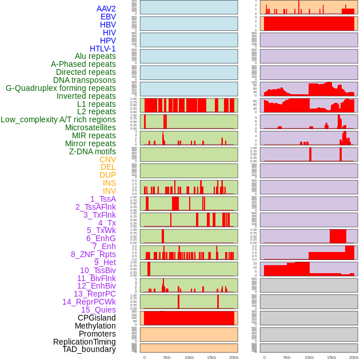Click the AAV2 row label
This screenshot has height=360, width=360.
[106, 9]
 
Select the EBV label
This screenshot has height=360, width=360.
[108, 17]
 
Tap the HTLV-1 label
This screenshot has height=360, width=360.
[102, 49]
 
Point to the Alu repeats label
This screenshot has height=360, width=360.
[95, 56]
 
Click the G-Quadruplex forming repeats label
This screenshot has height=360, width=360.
[61, 88]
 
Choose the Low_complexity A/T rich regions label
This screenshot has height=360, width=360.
[58, 119]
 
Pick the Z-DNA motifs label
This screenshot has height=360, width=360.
[93, 151]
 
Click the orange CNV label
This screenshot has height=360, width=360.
[107, 159]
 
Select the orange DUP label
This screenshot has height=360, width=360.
[107, 175]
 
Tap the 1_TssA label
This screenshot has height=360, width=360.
[103, 199]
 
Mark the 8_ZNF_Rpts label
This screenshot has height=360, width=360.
[93, 254]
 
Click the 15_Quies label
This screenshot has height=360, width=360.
[98, 310]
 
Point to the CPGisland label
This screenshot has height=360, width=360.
[97, 318]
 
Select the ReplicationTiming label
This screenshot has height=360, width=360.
[84, 342]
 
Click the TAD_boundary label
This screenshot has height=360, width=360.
[89, 349]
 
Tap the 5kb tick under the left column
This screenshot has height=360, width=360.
[167, 357]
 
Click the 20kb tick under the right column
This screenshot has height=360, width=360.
[354, 357]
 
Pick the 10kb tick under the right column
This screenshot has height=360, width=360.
[309, 357]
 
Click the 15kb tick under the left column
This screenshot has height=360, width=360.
[211, 357]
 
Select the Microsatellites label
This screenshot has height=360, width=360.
[90, 127]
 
